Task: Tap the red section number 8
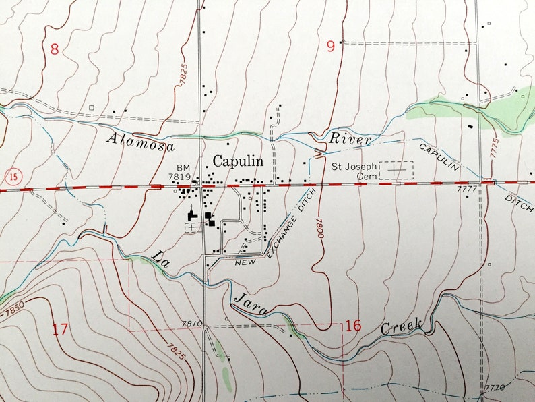pos(55,49)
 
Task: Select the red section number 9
pos(330,47)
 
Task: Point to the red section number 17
pos(60,329)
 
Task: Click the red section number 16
pos(352,326)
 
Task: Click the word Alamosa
pos(140,140)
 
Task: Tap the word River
pos(350,140)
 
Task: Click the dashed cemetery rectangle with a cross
pos(396,169)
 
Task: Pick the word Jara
pos(251,304)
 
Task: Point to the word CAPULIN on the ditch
pos(438,157)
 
